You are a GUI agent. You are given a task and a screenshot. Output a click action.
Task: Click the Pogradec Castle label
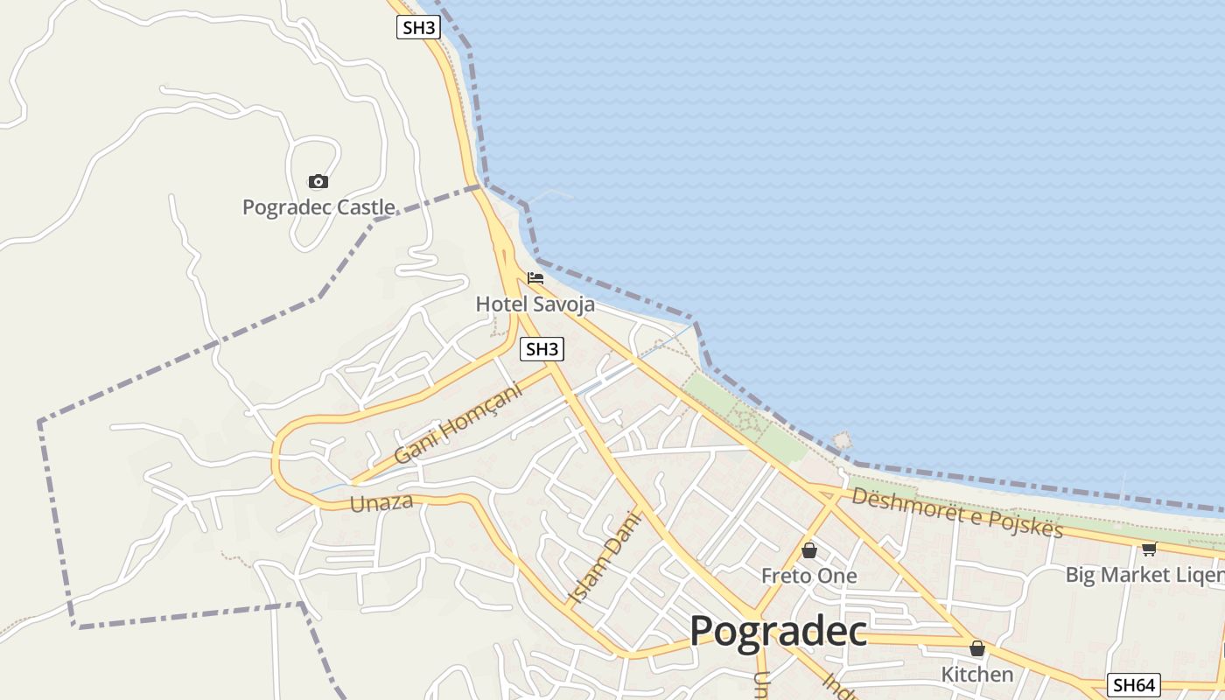pos(318,207)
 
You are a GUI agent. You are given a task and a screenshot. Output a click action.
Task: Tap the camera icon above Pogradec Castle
pos(318,182)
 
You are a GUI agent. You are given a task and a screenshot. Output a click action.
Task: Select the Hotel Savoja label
pos(535,304)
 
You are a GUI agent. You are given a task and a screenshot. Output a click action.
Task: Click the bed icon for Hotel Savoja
pos(535,278)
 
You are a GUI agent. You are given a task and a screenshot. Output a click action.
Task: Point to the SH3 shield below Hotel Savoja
pos(542,350)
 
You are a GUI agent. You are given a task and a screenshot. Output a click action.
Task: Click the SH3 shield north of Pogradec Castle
pos(418,27)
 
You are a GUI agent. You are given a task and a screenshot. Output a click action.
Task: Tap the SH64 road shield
pos(1134,685)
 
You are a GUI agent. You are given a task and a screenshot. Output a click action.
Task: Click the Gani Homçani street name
pos(458,423)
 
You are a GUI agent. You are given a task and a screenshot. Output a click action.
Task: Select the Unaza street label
pos(381,503)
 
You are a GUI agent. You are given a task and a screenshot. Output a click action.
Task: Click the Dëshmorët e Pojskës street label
pos(956,512)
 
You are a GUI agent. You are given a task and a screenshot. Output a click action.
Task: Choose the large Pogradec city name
pos(778,631)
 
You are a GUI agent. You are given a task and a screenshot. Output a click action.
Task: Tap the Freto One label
pos(808,576)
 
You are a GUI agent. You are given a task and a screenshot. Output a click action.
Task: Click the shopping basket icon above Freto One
pos(809,550)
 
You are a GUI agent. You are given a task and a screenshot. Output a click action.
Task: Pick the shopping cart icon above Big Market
pos(1149,549)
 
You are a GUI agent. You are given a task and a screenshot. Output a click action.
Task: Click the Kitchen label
pos(976,674)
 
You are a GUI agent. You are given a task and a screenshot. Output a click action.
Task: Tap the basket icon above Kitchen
pos(976,648)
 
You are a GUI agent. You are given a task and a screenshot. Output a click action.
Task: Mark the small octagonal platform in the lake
pos(842,440)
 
